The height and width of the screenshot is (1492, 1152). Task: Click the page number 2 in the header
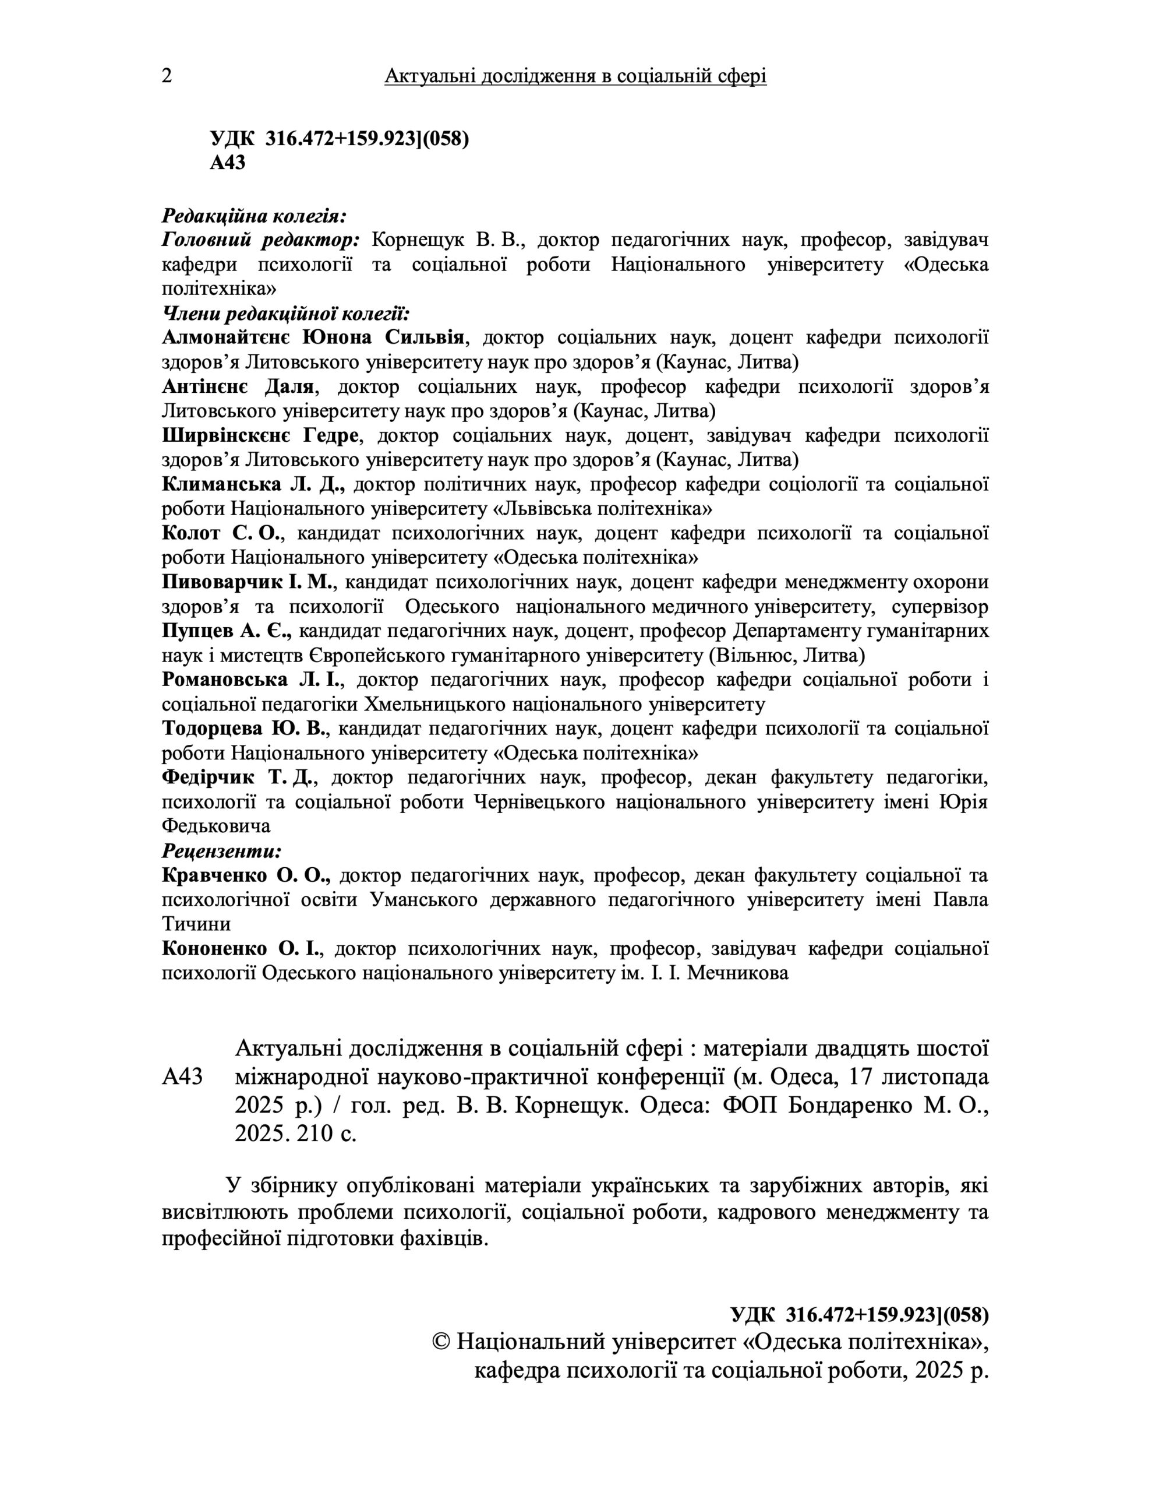tap(167, 76)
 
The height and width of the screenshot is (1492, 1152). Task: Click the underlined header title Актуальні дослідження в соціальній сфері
tap(575, 76)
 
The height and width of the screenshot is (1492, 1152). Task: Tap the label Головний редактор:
tap(260, 241)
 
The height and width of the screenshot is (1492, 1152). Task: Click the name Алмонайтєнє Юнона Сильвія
tap(313, 337)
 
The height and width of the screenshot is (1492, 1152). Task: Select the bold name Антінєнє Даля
tap(238, 386)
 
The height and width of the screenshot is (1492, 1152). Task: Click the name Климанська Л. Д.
tap(253, 484)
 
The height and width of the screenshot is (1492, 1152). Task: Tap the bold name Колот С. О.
tap(221, 533)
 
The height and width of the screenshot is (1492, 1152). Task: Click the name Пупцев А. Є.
tap(226, 631)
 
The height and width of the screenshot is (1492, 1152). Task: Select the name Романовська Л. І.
tap(250, 680)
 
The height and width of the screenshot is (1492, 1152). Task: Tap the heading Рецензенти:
tap(222, 851)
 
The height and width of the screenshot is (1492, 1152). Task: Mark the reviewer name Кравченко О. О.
tap(246, 875)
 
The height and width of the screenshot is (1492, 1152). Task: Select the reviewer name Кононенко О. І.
tap(241, 948)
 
